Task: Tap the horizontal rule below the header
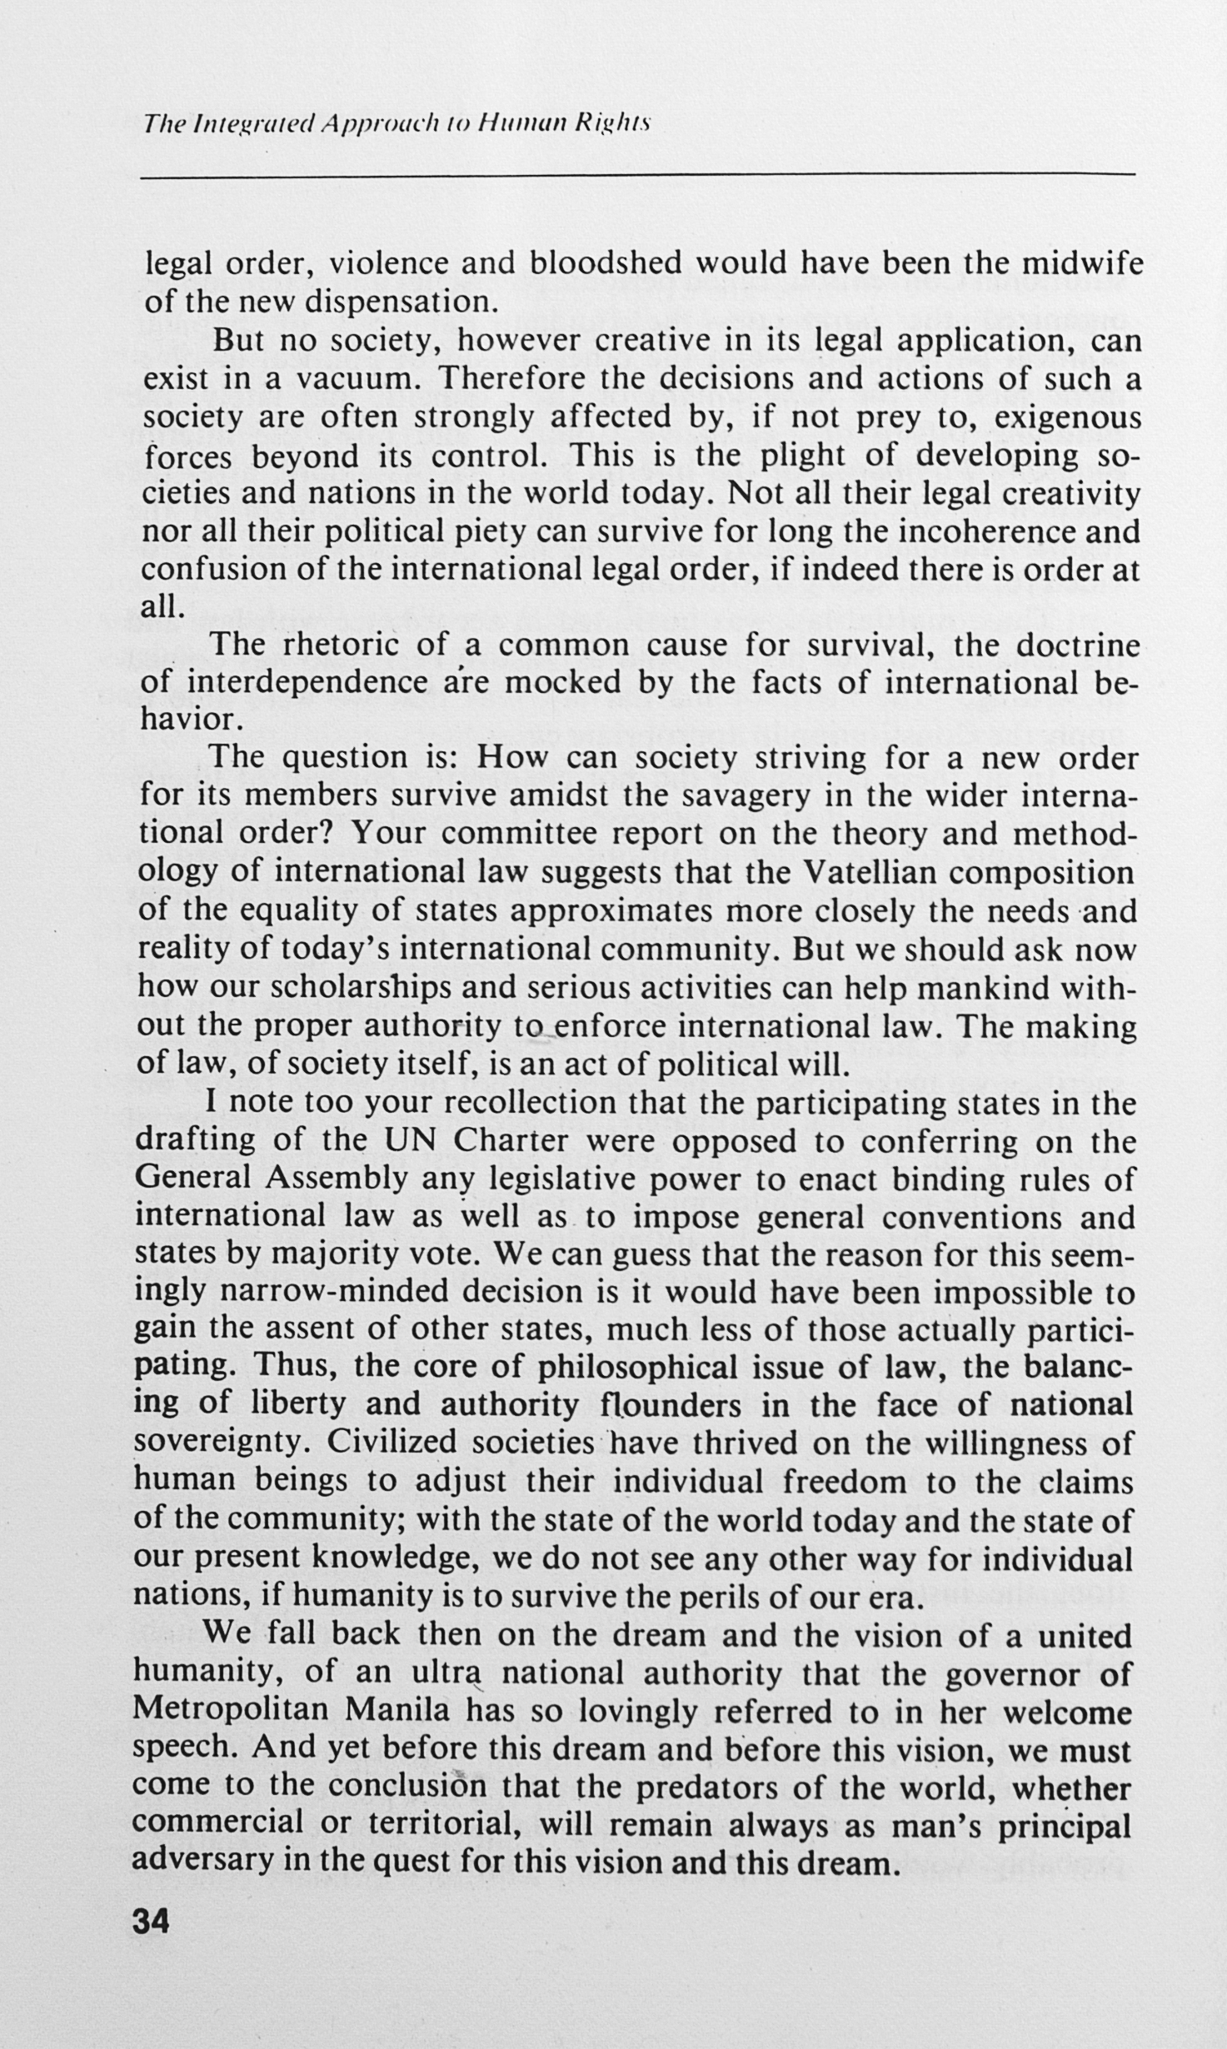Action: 637,173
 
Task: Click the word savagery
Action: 746,796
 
